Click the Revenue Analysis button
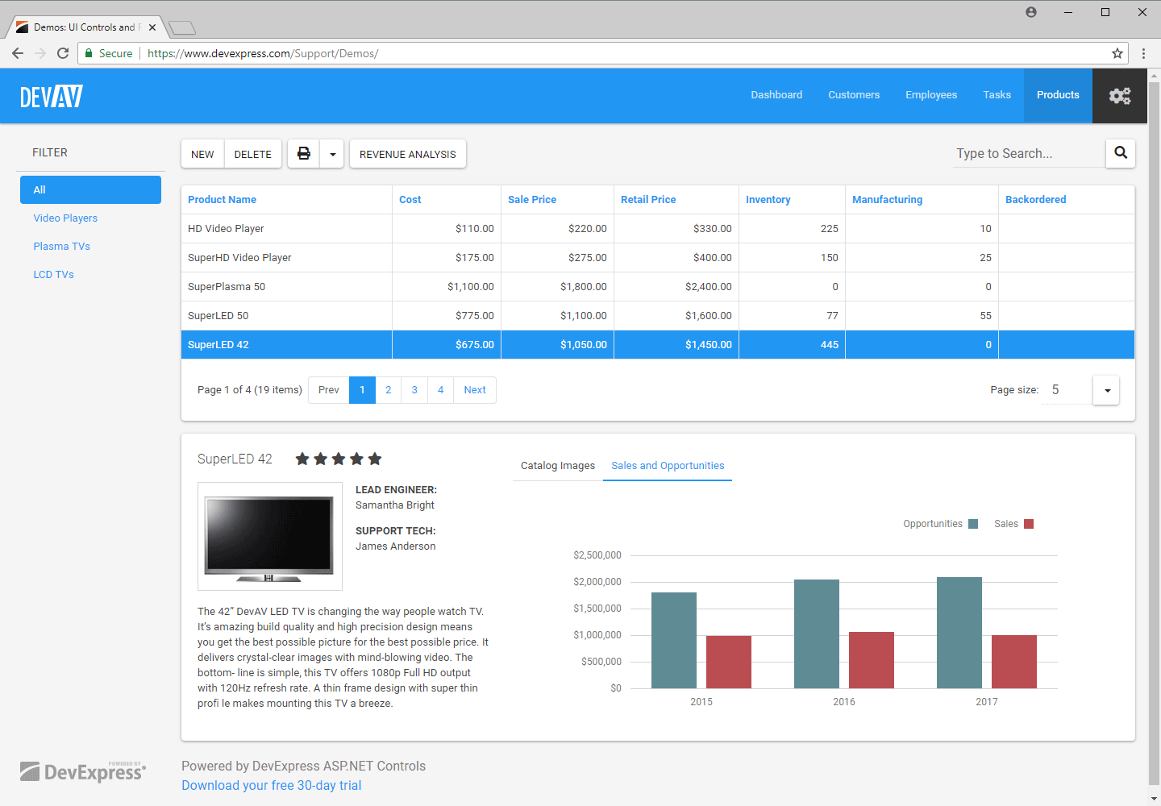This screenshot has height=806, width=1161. [x=407, y=154]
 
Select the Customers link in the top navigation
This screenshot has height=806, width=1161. [x=854, y=95]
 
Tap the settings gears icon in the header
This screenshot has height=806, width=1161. [x=1119, y=96]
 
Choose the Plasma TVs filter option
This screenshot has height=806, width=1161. [x=62, y=247]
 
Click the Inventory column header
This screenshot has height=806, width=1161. [x=768, y=200]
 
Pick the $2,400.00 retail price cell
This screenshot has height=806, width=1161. [x=708, y=287]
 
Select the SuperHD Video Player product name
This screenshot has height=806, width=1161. [x=239, y=258]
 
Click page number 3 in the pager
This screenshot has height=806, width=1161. [x=414, y=390]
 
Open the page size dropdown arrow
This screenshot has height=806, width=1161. [x=1106, y=390]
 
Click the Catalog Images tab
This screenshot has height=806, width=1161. [x=557, y=466]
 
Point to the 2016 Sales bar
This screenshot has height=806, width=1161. [x=871, y=659]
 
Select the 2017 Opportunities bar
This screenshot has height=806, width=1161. [x=959, y=633]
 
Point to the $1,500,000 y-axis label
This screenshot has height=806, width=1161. [x=597, y=609]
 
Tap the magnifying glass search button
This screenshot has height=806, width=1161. [x=1120, y=153]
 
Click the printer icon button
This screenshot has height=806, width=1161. [x=304, y=154]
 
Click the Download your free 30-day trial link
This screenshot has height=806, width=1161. [x=271, y=786]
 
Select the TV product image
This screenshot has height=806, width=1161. [x=269, y=537]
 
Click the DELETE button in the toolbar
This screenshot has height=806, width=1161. [x=252, y=154]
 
